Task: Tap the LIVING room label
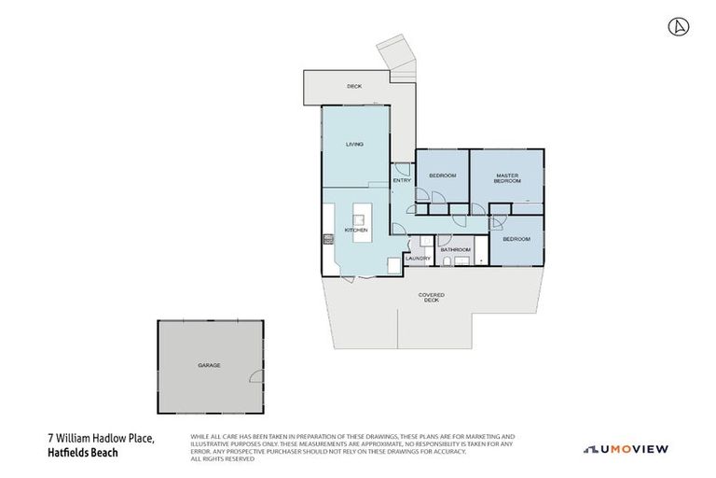coord(353,145)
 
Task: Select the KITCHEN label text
coord(356,230)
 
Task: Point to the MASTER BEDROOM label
coord(506,178)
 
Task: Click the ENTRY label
coord(402,180)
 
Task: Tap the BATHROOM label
coord(455,249)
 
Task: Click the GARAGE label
coord(209,365)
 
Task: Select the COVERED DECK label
coord(431,297)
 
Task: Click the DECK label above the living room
coord(353,86)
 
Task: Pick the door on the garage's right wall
coord(255,375)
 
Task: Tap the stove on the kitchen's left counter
coord(328,240)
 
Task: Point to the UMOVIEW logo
coord(626,450)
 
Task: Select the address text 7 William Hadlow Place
coord(101,439)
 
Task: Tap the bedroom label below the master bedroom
coord(516,239)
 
